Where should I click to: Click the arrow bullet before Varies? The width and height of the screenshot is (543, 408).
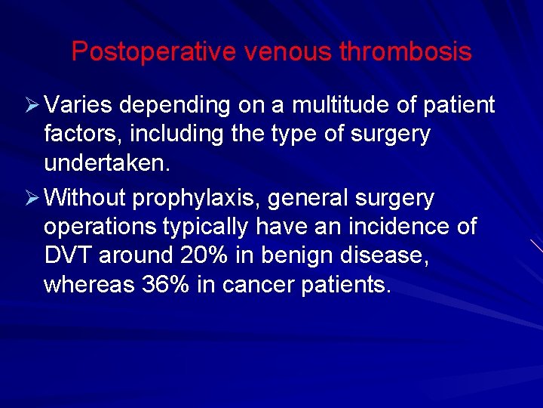click(x=32, y=106)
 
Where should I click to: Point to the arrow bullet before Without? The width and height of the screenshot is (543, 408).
click(x=32, y=199)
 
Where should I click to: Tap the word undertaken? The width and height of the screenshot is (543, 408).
click(x=104, y=164)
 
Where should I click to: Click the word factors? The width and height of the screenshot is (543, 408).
click(x=81, y=135)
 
